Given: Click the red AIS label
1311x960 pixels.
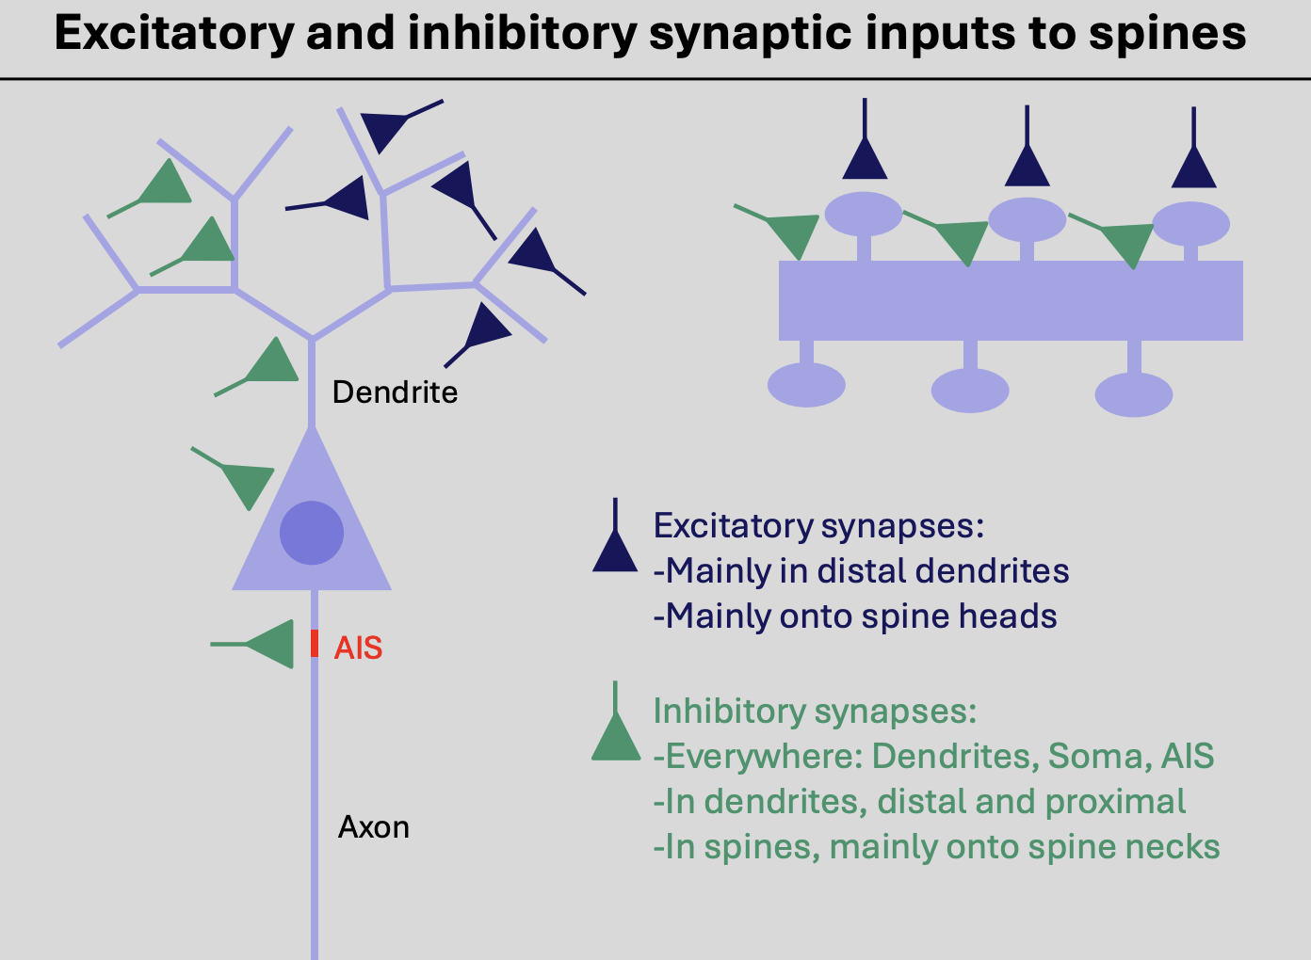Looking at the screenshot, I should pos(358,648).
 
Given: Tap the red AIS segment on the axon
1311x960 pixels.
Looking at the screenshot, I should pos(315,644).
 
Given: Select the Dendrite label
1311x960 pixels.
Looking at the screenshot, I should pos(395,392).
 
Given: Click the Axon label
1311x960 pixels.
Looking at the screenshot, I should pos(374,827).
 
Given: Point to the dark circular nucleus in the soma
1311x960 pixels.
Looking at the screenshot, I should pos(312,533).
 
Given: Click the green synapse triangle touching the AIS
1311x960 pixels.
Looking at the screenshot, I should pos(274,644).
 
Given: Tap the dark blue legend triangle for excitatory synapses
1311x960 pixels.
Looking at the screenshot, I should pos(615,552).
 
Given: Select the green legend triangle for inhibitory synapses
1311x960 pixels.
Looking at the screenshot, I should pos(616,738).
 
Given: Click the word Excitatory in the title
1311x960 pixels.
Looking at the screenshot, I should pos(173,33).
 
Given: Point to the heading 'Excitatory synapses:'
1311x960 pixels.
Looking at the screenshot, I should pos(818,525).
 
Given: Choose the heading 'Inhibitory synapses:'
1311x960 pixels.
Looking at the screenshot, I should pos(815,711).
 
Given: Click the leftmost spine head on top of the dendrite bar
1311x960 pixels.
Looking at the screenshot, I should pos(863,214).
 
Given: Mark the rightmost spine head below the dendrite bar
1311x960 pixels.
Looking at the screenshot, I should pos(1134,393).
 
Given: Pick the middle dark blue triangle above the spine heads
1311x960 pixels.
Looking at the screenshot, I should pos(1027,166).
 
